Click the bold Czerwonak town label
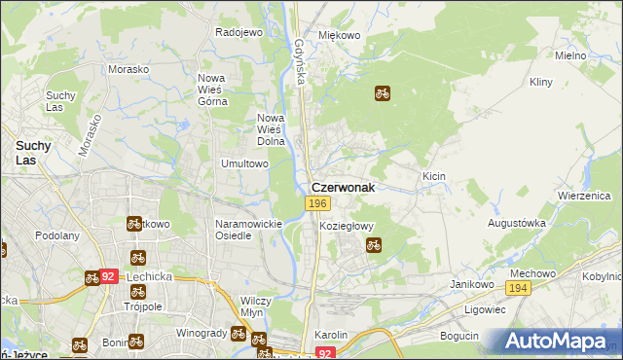click(x=343, y=188)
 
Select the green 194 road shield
click(x=517, y=289)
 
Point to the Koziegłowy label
click(x=347, y=226)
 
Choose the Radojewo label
click(x=239, y=32)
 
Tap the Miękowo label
click(x=340, y=35)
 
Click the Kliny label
click(x=543, y=84)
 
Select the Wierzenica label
click(x=583, y=195)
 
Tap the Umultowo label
click(x=244, y=163)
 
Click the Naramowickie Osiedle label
click(x=247, y=230)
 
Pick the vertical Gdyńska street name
click(x=300, y=61)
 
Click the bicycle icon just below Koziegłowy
click(x=373, y=245)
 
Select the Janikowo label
click(x=468, y=283)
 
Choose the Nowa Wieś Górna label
click(x=213, y=90)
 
